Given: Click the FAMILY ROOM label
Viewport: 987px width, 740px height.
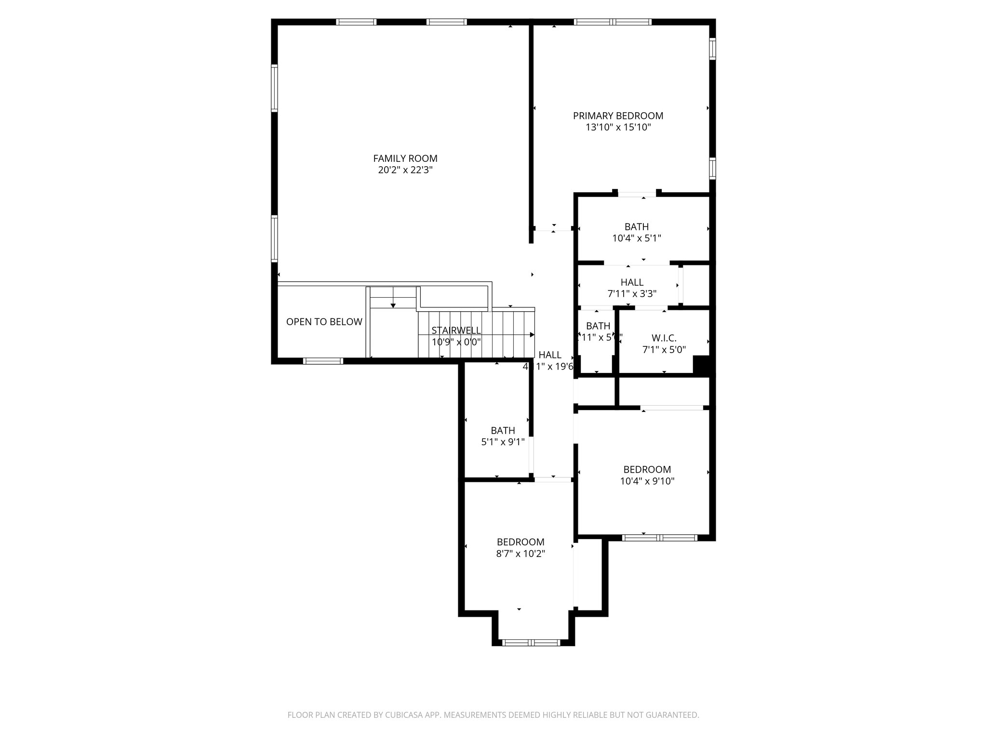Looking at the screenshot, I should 405,159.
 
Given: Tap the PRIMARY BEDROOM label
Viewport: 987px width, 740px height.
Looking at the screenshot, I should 618,116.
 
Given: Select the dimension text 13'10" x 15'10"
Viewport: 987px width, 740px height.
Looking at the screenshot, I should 618,128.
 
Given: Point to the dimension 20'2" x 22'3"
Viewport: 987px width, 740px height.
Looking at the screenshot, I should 405,170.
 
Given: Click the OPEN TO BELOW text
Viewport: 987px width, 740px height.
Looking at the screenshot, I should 324,322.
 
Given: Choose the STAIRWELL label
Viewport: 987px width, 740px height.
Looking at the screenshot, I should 456,330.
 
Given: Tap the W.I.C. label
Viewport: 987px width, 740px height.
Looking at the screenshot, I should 664,338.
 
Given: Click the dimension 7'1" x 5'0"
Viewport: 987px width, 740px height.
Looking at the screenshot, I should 664,350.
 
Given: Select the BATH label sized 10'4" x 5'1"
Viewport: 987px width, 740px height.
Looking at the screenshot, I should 636,226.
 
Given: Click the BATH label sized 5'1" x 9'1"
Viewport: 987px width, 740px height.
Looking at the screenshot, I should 503,430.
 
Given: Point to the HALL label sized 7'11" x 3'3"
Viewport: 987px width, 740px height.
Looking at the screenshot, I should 631,282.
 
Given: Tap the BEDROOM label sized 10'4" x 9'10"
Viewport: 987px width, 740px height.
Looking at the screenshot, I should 647,469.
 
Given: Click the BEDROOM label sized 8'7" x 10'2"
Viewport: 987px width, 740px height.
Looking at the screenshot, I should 520,542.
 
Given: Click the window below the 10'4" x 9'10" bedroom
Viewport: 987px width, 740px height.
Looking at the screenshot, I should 659,538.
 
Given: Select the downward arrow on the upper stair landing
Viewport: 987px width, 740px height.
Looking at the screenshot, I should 393,305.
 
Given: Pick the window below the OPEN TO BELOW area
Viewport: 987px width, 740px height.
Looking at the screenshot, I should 323,361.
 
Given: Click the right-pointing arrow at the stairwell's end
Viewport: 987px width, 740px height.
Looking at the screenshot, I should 532,335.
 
